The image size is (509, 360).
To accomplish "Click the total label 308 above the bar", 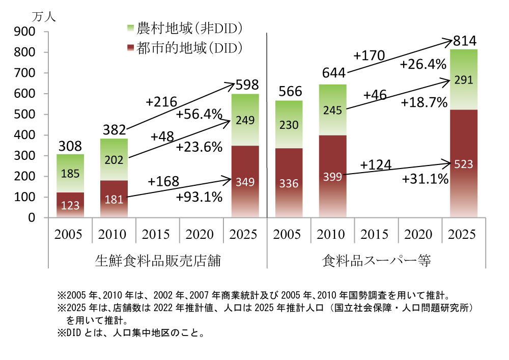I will click(70, 147).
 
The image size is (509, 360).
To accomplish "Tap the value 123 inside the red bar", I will click(70, 205).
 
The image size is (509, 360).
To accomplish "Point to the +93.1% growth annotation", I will click(199, 197).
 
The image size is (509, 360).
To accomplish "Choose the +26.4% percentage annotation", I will click(422, 65).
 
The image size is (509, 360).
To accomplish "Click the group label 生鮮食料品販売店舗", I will click(158, 261).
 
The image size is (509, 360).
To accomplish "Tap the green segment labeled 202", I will click(114, 159).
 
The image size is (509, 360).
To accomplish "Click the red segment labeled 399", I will click(332, 176).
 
